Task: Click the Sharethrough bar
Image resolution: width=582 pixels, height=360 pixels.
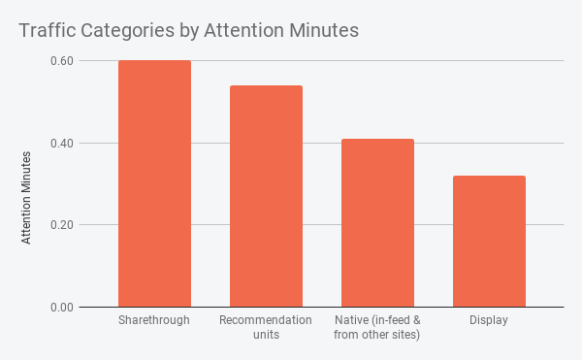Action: [154, 184]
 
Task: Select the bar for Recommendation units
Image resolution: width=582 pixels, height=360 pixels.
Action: [266, 197]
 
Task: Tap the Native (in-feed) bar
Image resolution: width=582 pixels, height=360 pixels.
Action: [377, 223]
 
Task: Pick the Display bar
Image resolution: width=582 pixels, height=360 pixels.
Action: [489, 242]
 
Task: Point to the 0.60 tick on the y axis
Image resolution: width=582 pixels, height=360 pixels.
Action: [62, 61]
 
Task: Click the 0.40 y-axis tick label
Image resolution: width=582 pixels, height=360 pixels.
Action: [62, 144]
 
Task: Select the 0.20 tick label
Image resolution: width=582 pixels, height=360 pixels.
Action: [62, 225]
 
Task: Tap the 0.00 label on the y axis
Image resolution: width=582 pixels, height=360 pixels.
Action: [62, 308]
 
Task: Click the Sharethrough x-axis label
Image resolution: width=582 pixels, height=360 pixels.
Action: [154, 320]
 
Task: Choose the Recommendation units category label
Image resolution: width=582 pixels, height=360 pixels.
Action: [266, 327]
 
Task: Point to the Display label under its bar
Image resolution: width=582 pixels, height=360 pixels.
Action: [489, 320]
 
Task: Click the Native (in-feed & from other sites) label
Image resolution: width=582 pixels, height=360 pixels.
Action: [377, 327]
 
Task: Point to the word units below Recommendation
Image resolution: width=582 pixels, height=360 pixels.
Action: [266, 335]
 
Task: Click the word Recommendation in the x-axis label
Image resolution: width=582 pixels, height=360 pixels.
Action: [266, 320]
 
